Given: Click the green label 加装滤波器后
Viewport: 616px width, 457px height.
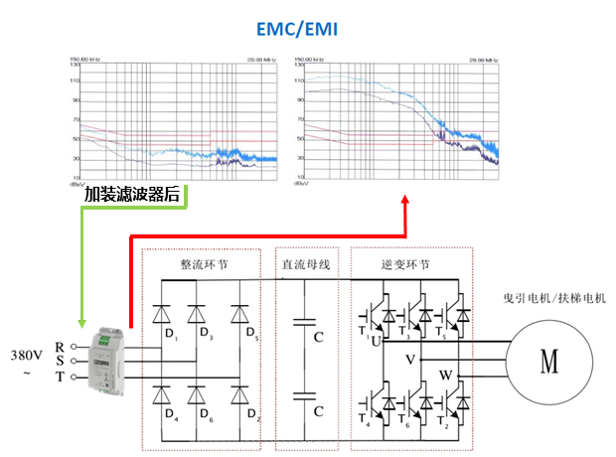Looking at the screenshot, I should tap(132, 196).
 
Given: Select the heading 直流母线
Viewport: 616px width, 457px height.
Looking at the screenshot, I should tap(306, 265).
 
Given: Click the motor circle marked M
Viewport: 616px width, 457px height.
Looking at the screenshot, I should tap(549, 362).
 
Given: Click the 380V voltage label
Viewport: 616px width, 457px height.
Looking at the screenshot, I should tap(27, 355).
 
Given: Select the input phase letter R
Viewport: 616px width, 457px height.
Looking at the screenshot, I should tap(60, 347).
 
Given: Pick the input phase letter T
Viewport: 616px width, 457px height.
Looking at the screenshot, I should tap(60, 378).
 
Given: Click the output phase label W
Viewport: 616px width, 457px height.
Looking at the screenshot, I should tap(444, 376).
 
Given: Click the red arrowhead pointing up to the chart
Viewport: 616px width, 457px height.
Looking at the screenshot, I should tap(405, 203).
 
